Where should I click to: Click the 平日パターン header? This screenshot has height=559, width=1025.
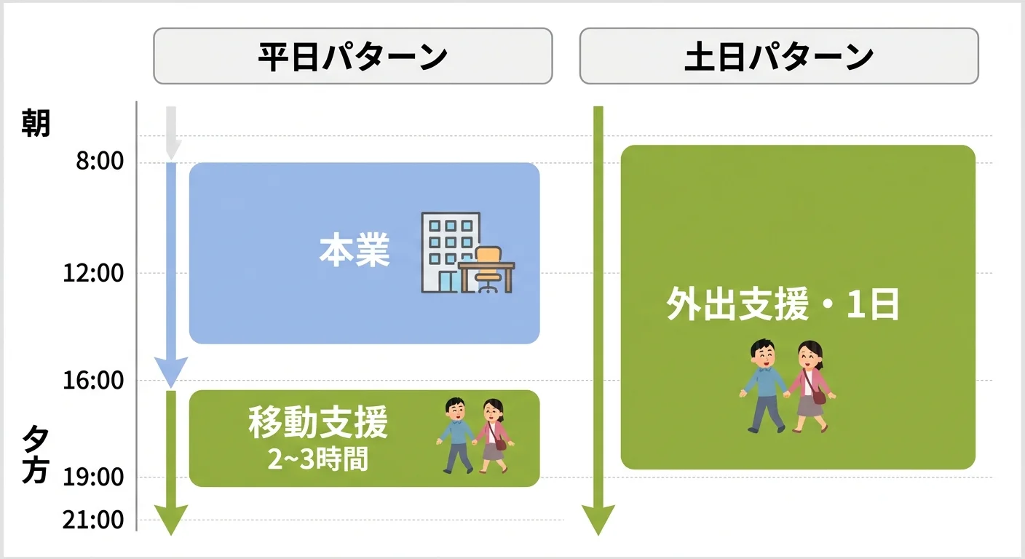(x=352, y=56)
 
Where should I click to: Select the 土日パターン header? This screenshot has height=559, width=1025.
(x=779, y=56)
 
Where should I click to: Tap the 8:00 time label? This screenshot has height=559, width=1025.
(x=100, y=161)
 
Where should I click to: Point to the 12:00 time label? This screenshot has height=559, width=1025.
(x=95, y=274)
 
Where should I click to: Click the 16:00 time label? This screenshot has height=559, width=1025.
(x=95, y=380)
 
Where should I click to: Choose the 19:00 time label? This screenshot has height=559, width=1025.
(x=95, y=477)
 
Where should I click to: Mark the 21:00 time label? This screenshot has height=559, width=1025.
(x=95, y=520)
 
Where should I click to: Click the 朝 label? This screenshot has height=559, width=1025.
(x=36, y=122)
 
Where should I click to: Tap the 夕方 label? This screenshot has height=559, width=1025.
(x=36, y=455)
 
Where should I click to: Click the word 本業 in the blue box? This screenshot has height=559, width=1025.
(x=355, y=251)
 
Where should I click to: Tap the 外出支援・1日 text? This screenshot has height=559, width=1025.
(x=783, y=306)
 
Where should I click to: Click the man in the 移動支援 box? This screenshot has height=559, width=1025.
(x=455, y=435)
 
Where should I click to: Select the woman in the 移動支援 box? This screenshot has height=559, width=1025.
(x=494, y=437)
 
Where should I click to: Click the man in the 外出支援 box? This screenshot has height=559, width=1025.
(x=764, y=386)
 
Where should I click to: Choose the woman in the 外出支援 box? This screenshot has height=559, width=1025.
(x=810, y=387)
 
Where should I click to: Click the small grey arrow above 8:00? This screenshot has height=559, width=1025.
(x=172, y=132)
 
